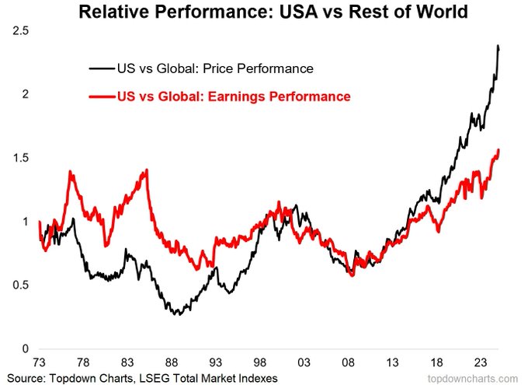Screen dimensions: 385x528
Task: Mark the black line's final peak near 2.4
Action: click(498, 47)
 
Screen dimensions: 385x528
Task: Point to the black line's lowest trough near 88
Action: click(177, 314)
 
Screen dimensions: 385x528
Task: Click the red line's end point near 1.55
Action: click(498, 149)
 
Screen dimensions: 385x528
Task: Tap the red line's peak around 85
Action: click(146, 170)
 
